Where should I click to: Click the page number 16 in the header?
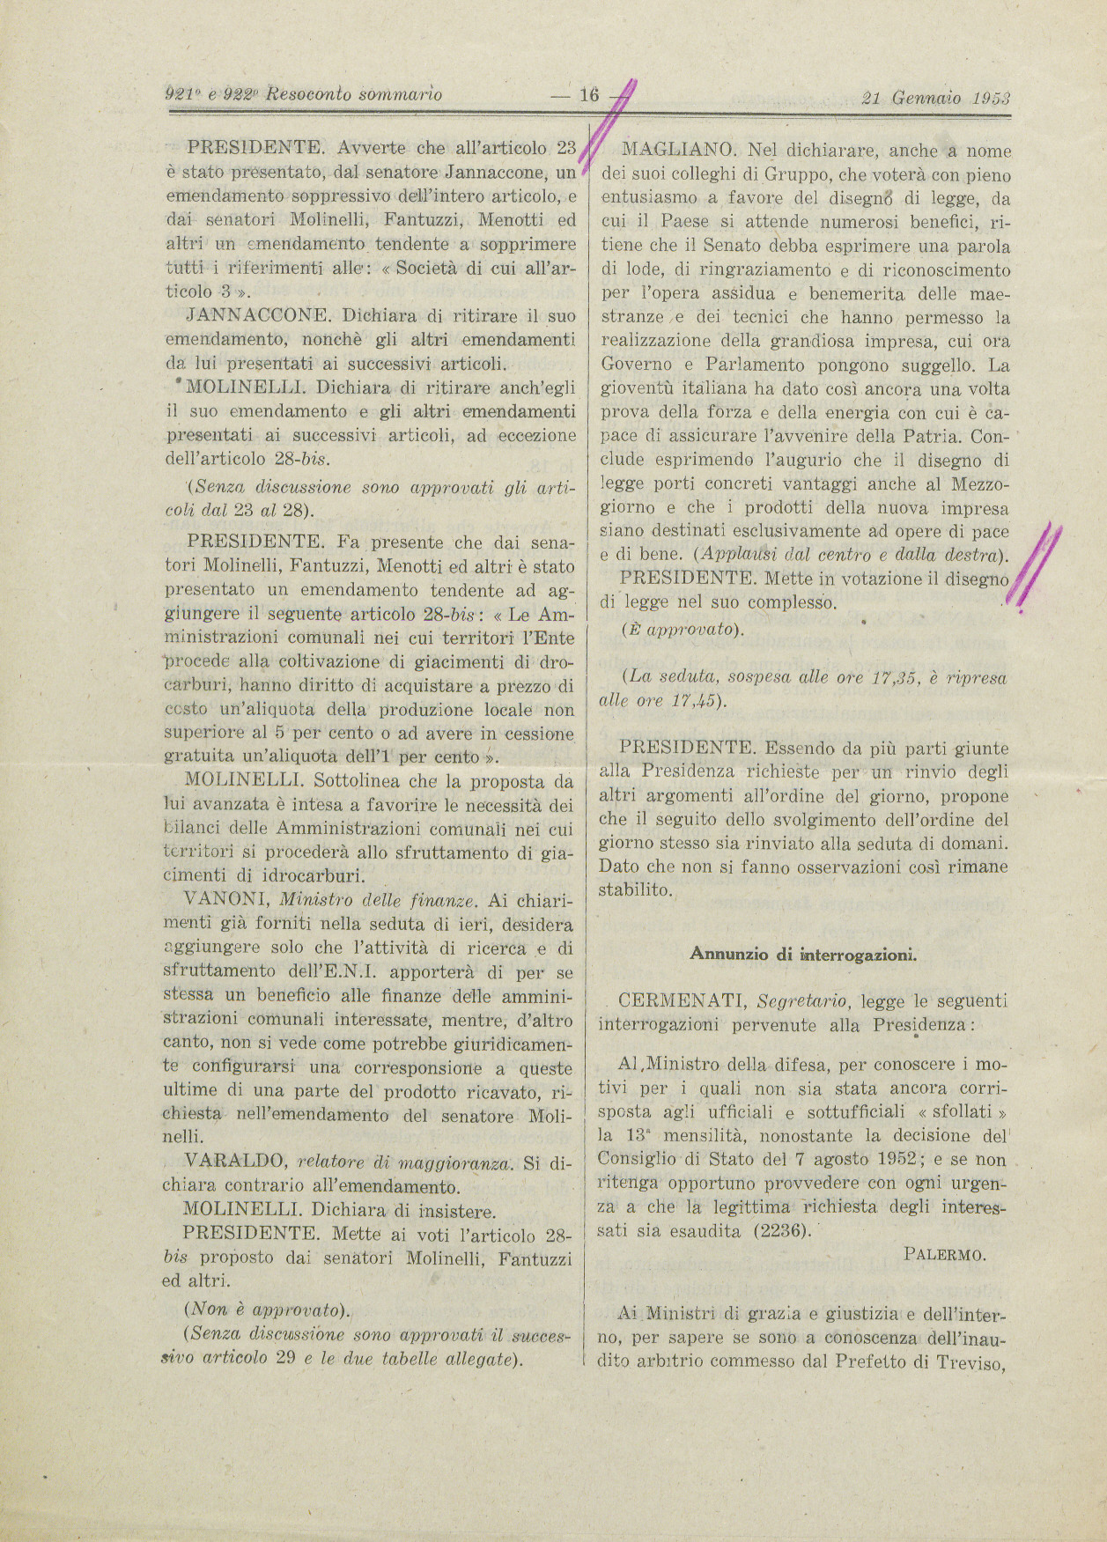pyautogui.click(x=587, y=95)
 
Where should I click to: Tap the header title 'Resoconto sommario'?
pyautogui.click(x=354, y=94)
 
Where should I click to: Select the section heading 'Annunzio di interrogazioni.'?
pyautogui.click(x=803, y=953)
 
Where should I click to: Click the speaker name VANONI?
pyautogui.click(x=225, y=900)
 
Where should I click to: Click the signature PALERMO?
pyautogui.click(x=945, y=1255)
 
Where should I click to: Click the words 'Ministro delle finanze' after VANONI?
pyautogui.click(x=379, y=900)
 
